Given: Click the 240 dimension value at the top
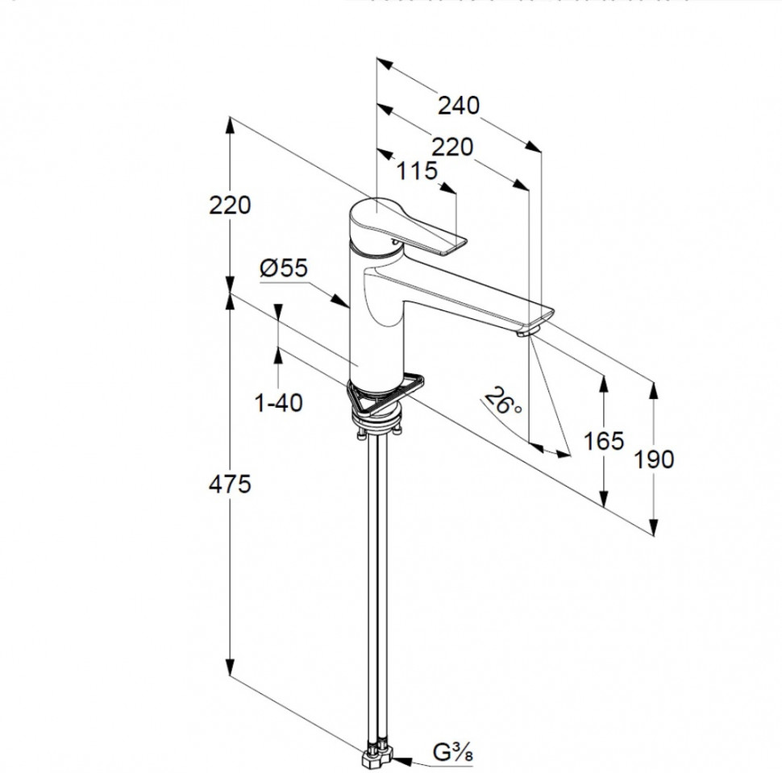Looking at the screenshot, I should (x=458, y=106).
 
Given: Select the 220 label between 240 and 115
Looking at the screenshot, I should (x=451, y=147).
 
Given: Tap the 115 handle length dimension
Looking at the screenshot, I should (x=417, y=171).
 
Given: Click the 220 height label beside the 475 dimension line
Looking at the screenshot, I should (x=230, y=206).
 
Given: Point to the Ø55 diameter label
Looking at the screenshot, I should (x=284, y=268).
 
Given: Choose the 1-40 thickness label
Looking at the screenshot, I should (x=279, y=402).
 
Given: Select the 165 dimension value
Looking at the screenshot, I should (x=604, y=441).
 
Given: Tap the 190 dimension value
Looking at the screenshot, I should (x=654, y=459).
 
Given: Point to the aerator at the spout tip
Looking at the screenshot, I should (x=530, y=328).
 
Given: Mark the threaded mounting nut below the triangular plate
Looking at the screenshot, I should (x=378, y=415).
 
